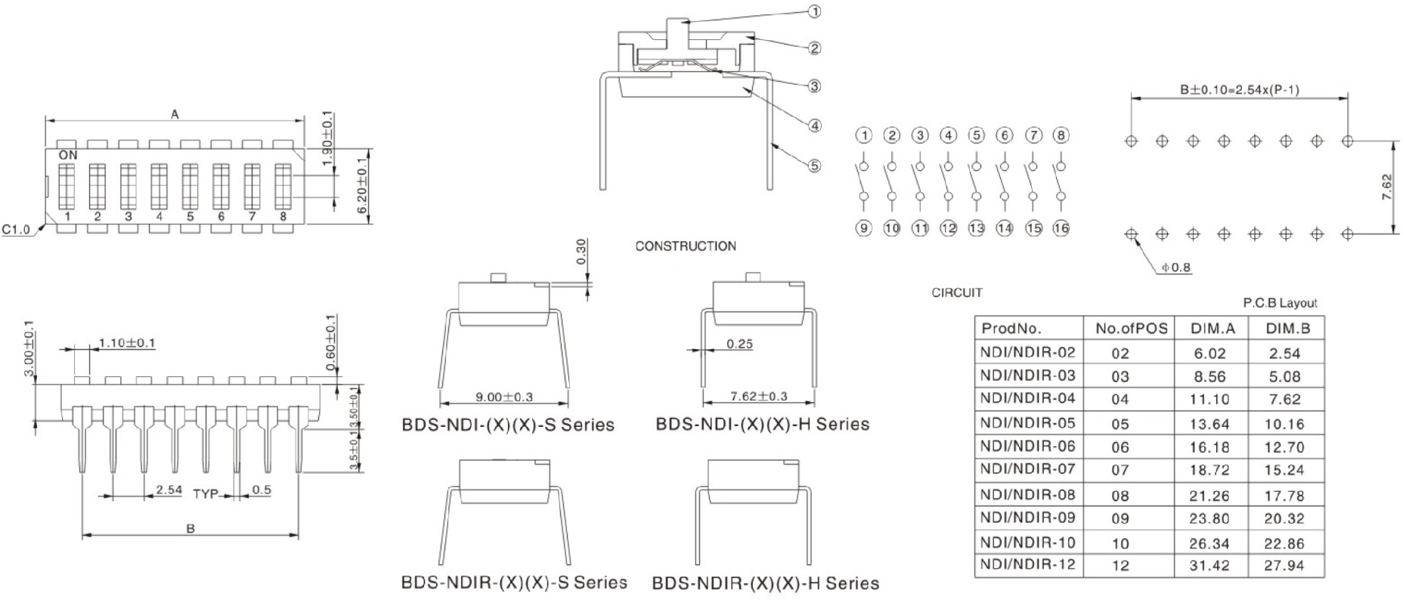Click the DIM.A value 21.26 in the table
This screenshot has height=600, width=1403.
[x=1209, y=496]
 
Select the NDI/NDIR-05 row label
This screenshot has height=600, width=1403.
[x=1027, y=422]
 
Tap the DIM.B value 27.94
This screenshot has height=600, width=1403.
[x=1284, y=565]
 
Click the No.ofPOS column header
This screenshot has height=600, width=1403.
[x=1131, y=328]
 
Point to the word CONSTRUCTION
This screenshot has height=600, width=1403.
[x=685, y=246]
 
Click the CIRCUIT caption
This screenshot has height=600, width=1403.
[x=956, y=292]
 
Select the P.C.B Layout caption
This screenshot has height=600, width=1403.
[x=1280, y=303]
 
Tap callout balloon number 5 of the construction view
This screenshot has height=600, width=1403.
[x=814, y=165]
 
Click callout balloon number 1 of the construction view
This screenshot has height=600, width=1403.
[x=814, y=11]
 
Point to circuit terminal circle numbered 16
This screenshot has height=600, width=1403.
[x=1061, y=227]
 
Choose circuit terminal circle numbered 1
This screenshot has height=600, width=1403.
[x=863, y=135]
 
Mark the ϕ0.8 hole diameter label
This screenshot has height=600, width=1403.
[x=1176, y=267]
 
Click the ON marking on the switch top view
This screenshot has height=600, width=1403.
[x=68, y=155]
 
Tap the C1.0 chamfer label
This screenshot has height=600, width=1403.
[x=16, y=229]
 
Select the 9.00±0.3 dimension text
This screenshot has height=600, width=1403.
[x=504, y=397]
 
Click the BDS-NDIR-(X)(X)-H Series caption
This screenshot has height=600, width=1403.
[x=765, y=583]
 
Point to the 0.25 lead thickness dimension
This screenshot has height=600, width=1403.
[x=739, y=344]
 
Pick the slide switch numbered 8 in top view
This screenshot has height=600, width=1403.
[x=283, y=187]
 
